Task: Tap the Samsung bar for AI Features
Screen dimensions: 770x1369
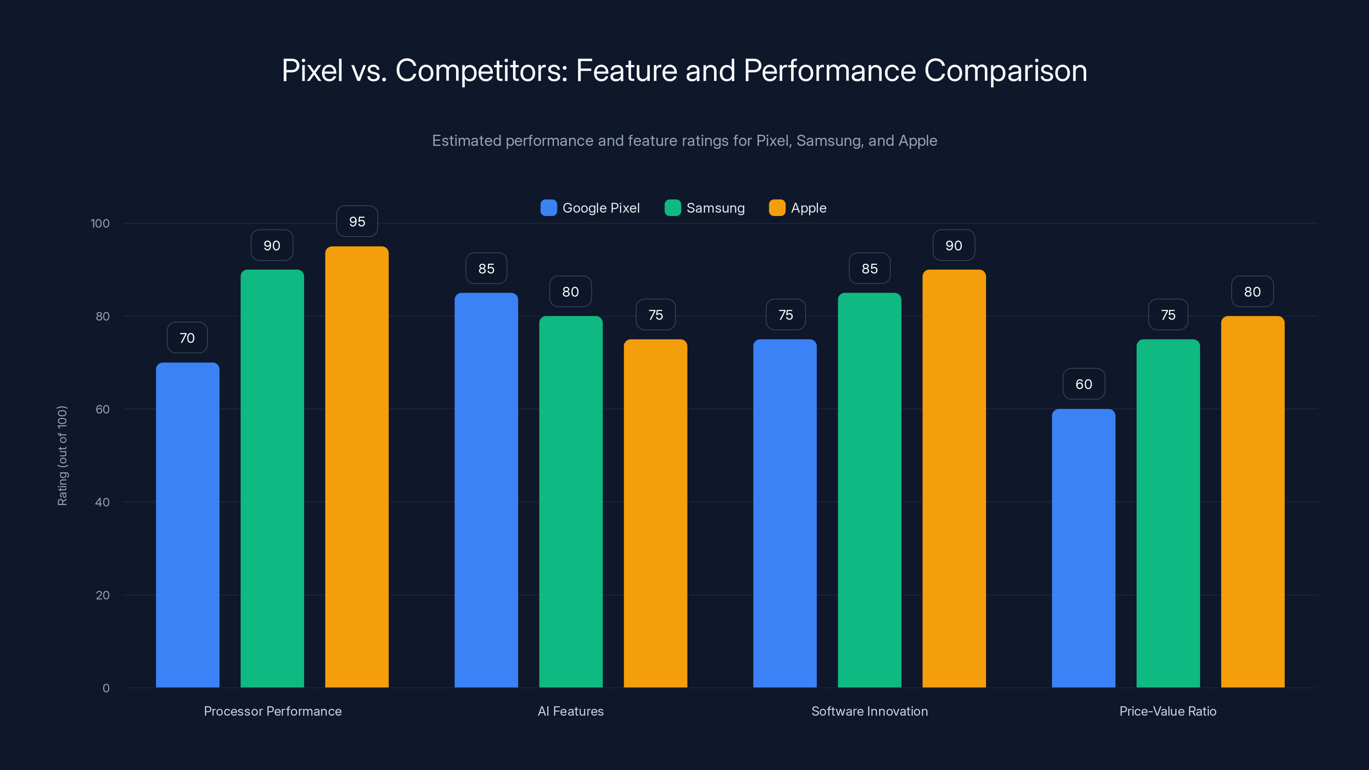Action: tap(571, 502)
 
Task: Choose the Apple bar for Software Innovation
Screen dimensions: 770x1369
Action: tap(954, 478)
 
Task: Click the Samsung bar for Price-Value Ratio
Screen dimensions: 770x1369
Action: tap(1168, 513)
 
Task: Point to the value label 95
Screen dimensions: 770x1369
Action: tap(357, 222)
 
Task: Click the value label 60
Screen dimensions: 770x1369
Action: tap(1084, 384)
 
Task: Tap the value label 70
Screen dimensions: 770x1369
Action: tap(187, 338)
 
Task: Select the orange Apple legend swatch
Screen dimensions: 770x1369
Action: tap(777, 208)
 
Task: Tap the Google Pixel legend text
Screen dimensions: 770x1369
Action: tap(601, 208)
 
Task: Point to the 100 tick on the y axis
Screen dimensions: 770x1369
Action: tap(100, 223)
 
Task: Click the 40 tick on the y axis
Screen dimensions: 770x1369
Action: tap(102, 502)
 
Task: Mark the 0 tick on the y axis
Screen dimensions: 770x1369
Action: tap(106, 688)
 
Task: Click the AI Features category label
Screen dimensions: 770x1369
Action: tap(571, 711)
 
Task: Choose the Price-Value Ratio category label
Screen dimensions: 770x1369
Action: tap(1168, 711)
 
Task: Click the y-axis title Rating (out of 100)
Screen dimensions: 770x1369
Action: tap(62, 456)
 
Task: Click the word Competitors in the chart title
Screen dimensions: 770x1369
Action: tap(481, 71)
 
